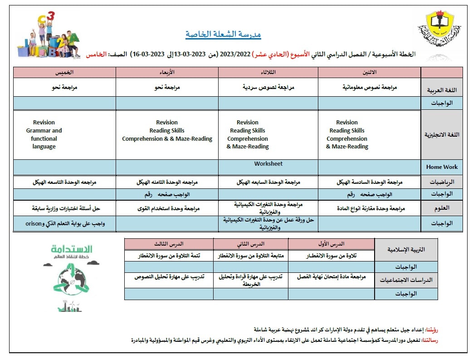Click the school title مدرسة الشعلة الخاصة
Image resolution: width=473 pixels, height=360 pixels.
coord(223,35)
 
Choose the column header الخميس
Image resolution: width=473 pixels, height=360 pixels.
coord(64,72)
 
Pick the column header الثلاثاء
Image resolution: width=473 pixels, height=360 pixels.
coord(268,72)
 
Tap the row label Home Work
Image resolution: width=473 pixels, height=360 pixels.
coord(442,167)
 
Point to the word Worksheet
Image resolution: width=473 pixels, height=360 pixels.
coord(268,163)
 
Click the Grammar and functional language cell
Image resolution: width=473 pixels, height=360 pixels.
coord(44,134)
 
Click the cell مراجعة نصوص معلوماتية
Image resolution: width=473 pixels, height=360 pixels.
coord(370,87)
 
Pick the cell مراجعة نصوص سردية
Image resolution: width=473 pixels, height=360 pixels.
coord(268,87)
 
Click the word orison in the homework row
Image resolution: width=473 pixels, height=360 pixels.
coord(34,223)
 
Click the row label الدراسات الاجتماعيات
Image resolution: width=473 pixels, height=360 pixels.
coord(406,280)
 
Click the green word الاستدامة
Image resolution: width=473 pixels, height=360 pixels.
coord(72,249)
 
